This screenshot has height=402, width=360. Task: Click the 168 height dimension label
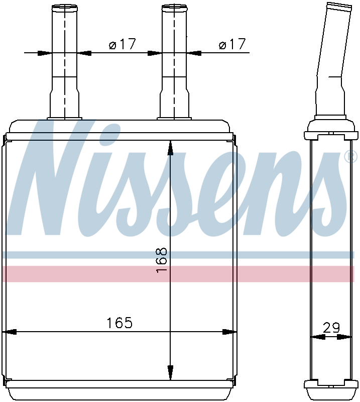pyautogui.click(x=162, y=260)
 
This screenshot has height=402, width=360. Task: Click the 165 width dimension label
pyautogui.click(x=119, y=323)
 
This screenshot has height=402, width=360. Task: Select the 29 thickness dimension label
pyautogui.click(x=331, y=328)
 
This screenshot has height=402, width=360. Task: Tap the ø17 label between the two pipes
pyautogui.click(x=122, y=44)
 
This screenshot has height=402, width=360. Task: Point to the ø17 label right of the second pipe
pyautogui.click(x=232, y=44)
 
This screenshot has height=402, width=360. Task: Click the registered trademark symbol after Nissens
pyautogui.click(x=350, y=157)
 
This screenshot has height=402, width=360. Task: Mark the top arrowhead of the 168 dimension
pyautogui.click(x=170, y=148)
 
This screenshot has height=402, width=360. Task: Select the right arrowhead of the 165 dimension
pyautogui.click(x=229, y=332)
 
